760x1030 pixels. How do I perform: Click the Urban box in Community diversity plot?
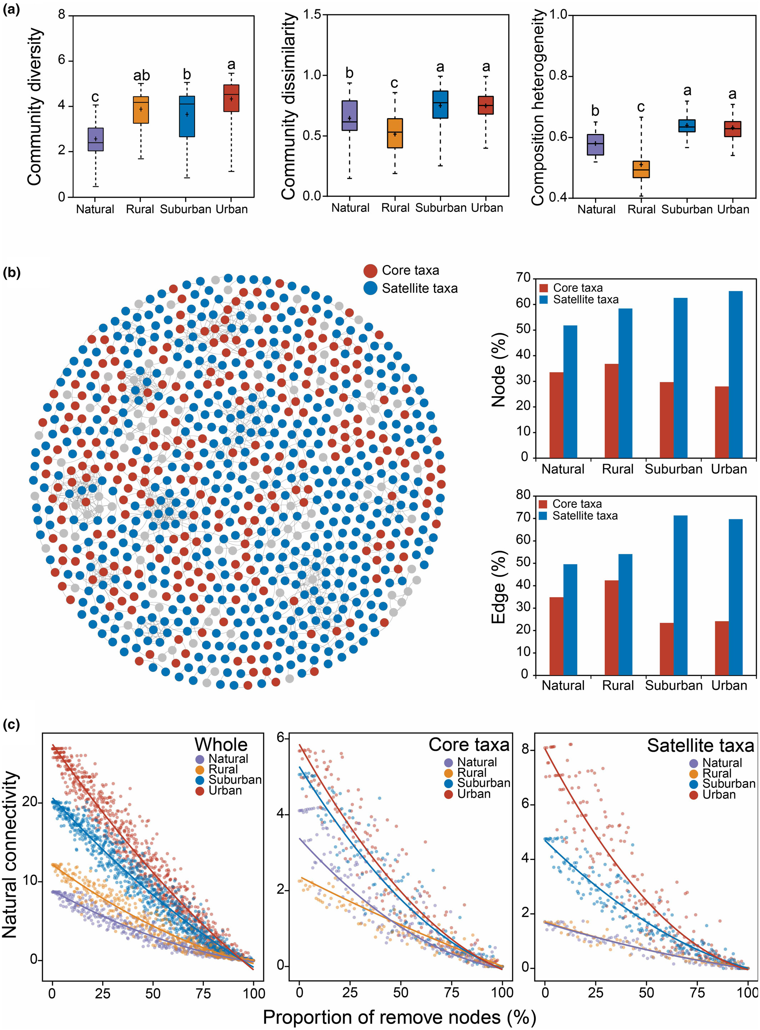click(x=231, y=98)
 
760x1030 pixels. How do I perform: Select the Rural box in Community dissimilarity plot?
click(x=395, y=133)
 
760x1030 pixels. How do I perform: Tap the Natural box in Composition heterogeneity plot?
click(x=595, y=144)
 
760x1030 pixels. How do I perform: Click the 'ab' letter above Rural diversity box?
click(x=141, y=75)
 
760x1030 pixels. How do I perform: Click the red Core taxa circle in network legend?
click(x=370, y=270)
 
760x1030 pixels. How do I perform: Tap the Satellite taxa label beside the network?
click(x=420, y=289)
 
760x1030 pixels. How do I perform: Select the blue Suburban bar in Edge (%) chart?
click(x=680, y=595)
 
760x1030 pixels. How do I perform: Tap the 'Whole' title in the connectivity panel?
click(x=221, y=744)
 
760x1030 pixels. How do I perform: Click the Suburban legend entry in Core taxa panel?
click(x=484, y=782)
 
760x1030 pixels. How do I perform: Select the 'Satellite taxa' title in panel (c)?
click(x=700, y=745)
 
